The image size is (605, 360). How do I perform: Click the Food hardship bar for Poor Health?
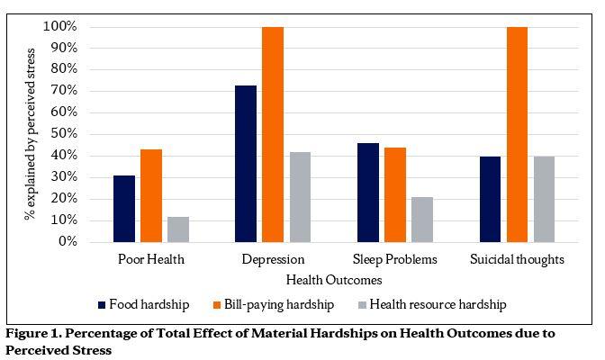click(x=124, y=209)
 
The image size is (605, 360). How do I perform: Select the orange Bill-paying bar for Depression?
click(x=273, y=135)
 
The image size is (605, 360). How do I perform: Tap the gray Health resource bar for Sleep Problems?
click(x=421, y=220)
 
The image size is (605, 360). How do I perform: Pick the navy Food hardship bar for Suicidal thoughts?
click(x=490, y=199)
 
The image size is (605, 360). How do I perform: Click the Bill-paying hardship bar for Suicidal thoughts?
click(x=517, y=135)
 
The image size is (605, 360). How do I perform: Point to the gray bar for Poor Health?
click(x=178, y=229)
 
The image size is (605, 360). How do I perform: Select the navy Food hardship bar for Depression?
click(x=246, y=164)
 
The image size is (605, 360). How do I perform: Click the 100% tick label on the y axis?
click(x=59, y=27)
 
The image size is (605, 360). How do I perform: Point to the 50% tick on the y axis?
click(x=61, y=134)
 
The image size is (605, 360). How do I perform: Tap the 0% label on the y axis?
click(x=65, y=242)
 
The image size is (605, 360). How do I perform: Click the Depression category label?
click(x=273, y=259)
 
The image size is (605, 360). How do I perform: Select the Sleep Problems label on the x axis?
click(x=394, y=259)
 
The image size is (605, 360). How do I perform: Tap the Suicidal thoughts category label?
click(x=517, y=259)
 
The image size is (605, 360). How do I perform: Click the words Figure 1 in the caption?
click(x=32, y=333)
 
